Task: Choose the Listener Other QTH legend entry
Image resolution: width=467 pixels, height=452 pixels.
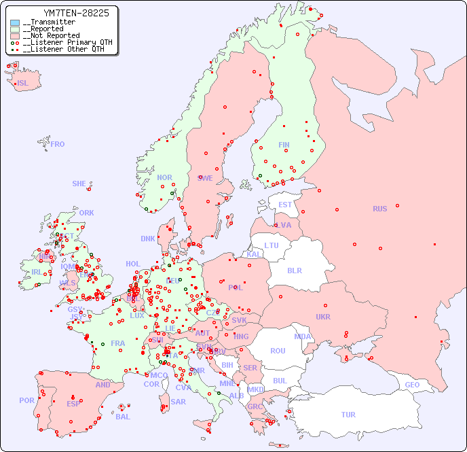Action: click(64, 49)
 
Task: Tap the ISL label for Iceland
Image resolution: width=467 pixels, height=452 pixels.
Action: click(23, 84)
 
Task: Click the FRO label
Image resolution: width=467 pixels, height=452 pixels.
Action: click(58, 144)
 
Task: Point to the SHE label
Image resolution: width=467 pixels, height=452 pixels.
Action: click(79, 184)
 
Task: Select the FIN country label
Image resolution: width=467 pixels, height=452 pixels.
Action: click(284, 145)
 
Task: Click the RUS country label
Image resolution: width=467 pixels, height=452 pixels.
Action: click(379, 209)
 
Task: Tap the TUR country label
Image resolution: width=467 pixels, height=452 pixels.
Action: click(348, 415)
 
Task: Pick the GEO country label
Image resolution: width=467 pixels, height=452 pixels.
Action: click(412, 385)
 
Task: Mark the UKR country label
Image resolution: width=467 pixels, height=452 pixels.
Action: click(323, 317)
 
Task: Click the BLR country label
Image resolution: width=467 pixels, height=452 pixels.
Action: click(295, 270)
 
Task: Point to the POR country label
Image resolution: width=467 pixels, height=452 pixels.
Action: click(26, 400)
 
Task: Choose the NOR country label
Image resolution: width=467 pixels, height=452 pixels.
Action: click(164, 177)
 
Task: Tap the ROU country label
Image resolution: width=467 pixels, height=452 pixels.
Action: click(278, 351)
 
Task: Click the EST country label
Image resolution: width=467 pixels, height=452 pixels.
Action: click(285, 205)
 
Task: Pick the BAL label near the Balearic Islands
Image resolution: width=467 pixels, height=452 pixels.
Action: click(123, 417)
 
